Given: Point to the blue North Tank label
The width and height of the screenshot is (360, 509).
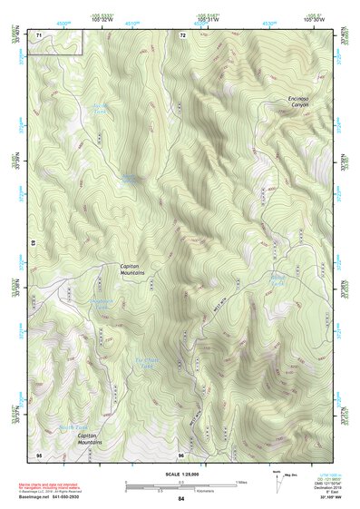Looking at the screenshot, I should click(x=73, y=426).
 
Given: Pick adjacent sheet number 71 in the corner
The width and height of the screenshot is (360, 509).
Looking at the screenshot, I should click(x=39, y=35).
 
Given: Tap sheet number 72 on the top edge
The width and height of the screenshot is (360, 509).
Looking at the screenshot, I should click(x=182, y=35).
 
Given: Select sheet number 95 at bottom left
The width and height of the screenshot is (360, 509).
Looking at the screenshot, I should click(x=39, y=454).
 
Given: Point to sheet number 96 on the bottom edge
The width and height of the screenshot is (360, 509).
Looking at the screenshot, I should click(x=181, y=455).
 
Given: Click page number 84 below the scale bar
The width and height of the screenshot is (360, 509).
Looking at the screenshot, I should click(x=181, y=497).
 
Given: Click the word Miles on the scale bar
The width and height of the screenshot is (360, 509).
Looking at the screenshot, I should click(x=241, y=481).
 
